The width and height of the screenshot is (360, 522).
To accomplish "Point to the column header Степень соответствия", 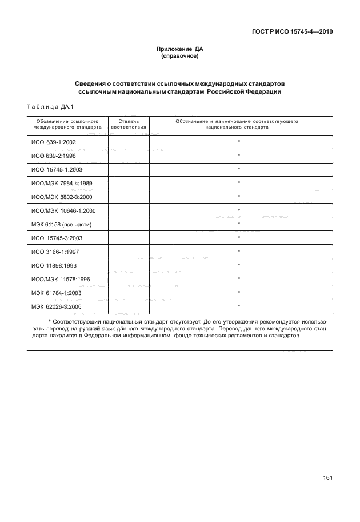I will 129,125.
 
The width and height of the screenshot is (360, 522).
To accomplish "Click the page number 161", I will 326,478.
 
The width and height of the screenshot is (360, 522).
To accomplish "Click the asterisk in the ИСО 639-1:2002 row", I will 238,142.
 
